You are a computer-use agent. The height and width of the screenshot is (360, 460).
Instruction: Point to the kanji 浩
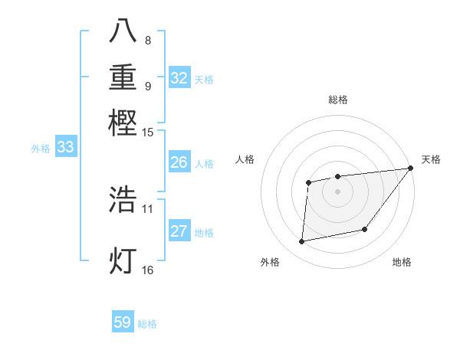click(x=123, y=200)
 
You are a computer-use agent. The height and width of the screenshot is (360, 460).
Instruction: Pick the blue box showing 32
click(x=179, y=78)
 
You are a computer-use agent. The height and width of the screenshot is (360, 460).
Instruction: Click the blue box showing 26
click(x=179, y=162)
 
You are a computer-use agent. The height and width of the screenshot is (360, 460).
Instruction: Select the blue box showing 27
click(x=179, y=231)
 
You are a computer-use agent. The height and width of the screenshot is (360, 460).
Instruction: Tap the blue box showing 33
click(x=65, y=148)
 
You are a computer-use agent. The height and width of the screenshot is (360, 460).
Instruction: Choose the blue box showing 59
click(x=123, y=322)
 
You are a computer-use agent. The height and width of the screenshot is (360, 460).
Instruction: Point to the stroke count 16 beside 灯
click(x=148, y=270)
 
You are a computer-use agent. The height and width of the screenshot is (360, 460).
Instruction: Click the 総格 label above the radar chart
click(x=337, y=100)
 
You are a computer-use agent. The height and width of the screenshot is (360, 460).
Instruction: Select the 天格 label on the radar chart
click(x=431, y=159)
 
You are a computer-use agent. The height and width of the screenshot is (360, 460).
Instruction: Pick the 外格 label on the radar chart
click(x=270, y=263)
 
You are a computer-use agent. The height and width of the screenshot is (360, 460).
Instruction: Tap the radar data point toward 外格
click(x=302, y=242)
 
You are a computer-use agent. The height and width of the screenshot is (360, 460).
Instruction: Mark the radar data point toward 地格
click(x=366, y=229)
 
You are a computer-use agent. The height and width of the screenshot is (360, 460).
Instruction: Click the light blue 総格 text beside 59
click(x=147, y=324)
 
